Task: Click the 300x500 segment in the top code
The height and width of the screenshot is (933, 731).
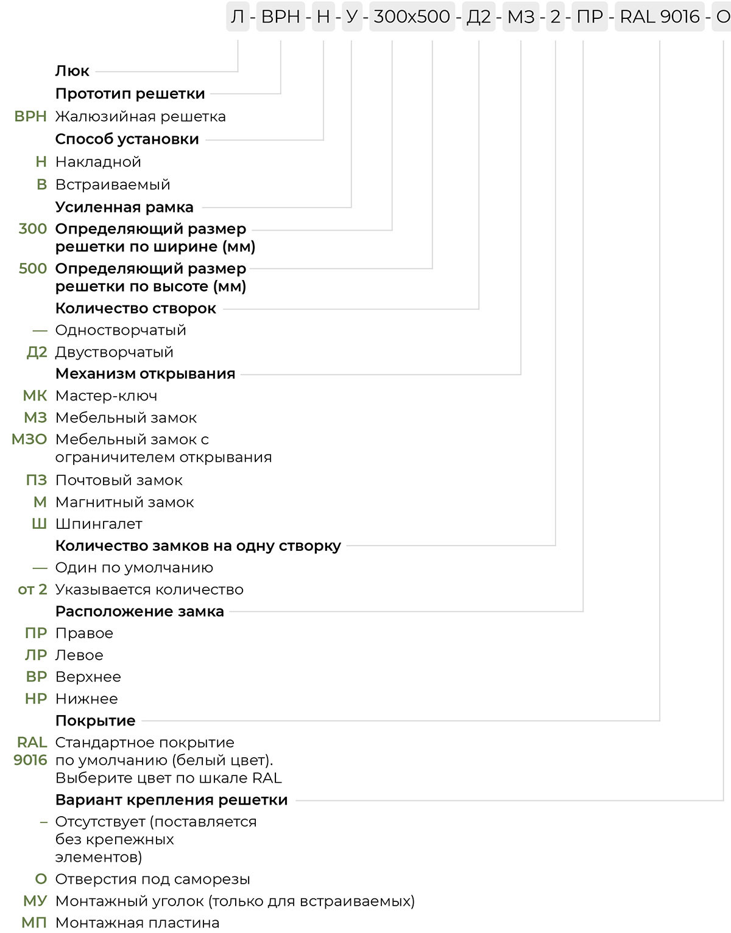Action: (412, 16)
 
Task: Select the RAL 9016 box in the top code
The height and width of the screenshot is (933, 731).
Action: (660, 16)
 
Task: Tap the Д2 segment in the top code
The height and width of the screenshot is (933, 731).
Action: (478, 16)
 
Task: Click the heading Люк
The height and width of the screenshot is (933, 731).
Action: (72, 71)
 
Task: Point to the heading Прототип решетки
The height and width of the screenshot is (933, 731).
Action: (130, 94)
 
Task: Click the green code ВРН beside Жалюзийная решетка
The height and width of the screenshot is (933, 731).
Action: (30, 116)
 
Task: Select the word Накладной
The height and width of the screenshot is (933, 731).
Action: (98, 162)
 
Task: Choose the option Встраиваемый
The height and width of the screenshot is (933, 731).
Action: (113, 184)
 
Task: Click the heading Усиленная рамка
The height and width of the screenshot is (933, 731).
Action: (124, 207)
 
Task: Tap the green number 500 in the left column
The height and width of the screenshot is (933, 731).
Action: (33, 268)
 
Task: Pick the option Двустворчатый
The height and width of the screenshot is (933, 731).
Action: (114, 352)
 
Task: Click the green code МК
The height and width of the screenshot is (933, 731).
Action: (35, 396)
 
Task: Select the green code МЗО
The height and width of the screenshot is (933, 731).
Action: (29, 439)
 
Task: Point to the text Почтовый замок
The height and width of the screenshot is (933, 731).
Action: (119, 480)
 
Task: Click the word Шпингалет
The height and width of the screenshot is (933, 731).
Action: (99, 524)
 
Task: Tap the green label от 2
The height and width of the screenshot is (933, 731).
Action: (32, 589)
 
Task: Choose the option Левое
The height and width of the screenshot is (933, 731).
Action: (79, 655)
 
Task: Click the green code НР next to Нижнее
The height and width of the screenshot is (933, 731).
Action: (36, 699)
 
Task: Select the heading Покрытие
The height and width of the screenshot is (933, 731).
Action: (95, 721)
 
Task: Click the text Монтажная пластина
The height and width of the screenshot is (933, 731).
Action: (137, 923)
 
